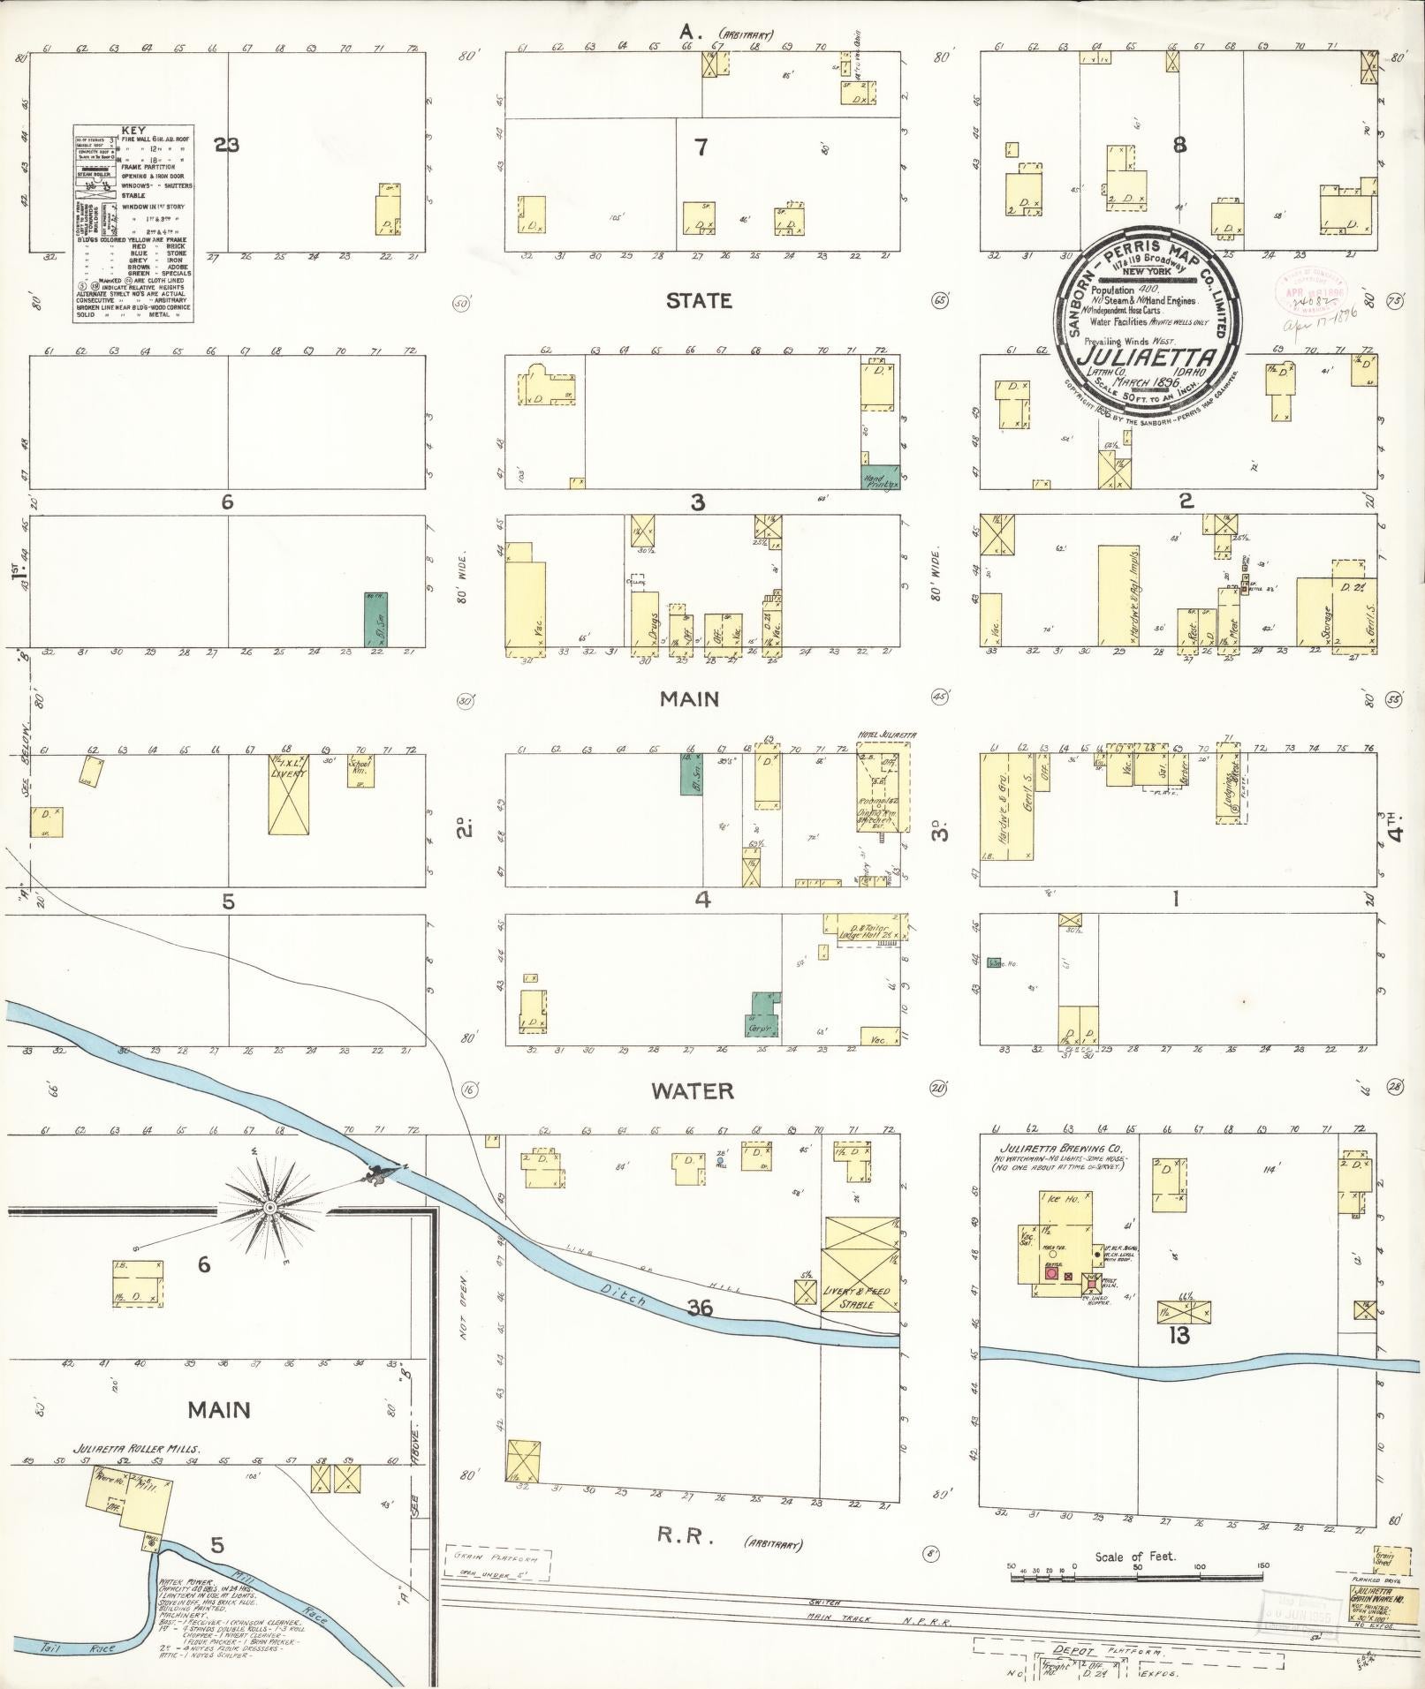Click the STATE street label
[698, 301]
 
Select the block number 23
[226, 145]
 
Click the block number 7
[701, 147]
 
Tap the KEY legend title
[133, 129]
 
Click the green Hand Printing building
[880, 477]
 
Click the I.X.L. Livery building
[288, 795]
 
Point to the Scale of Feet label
[1134, 1557]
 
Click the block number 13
[1179, 1337]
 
